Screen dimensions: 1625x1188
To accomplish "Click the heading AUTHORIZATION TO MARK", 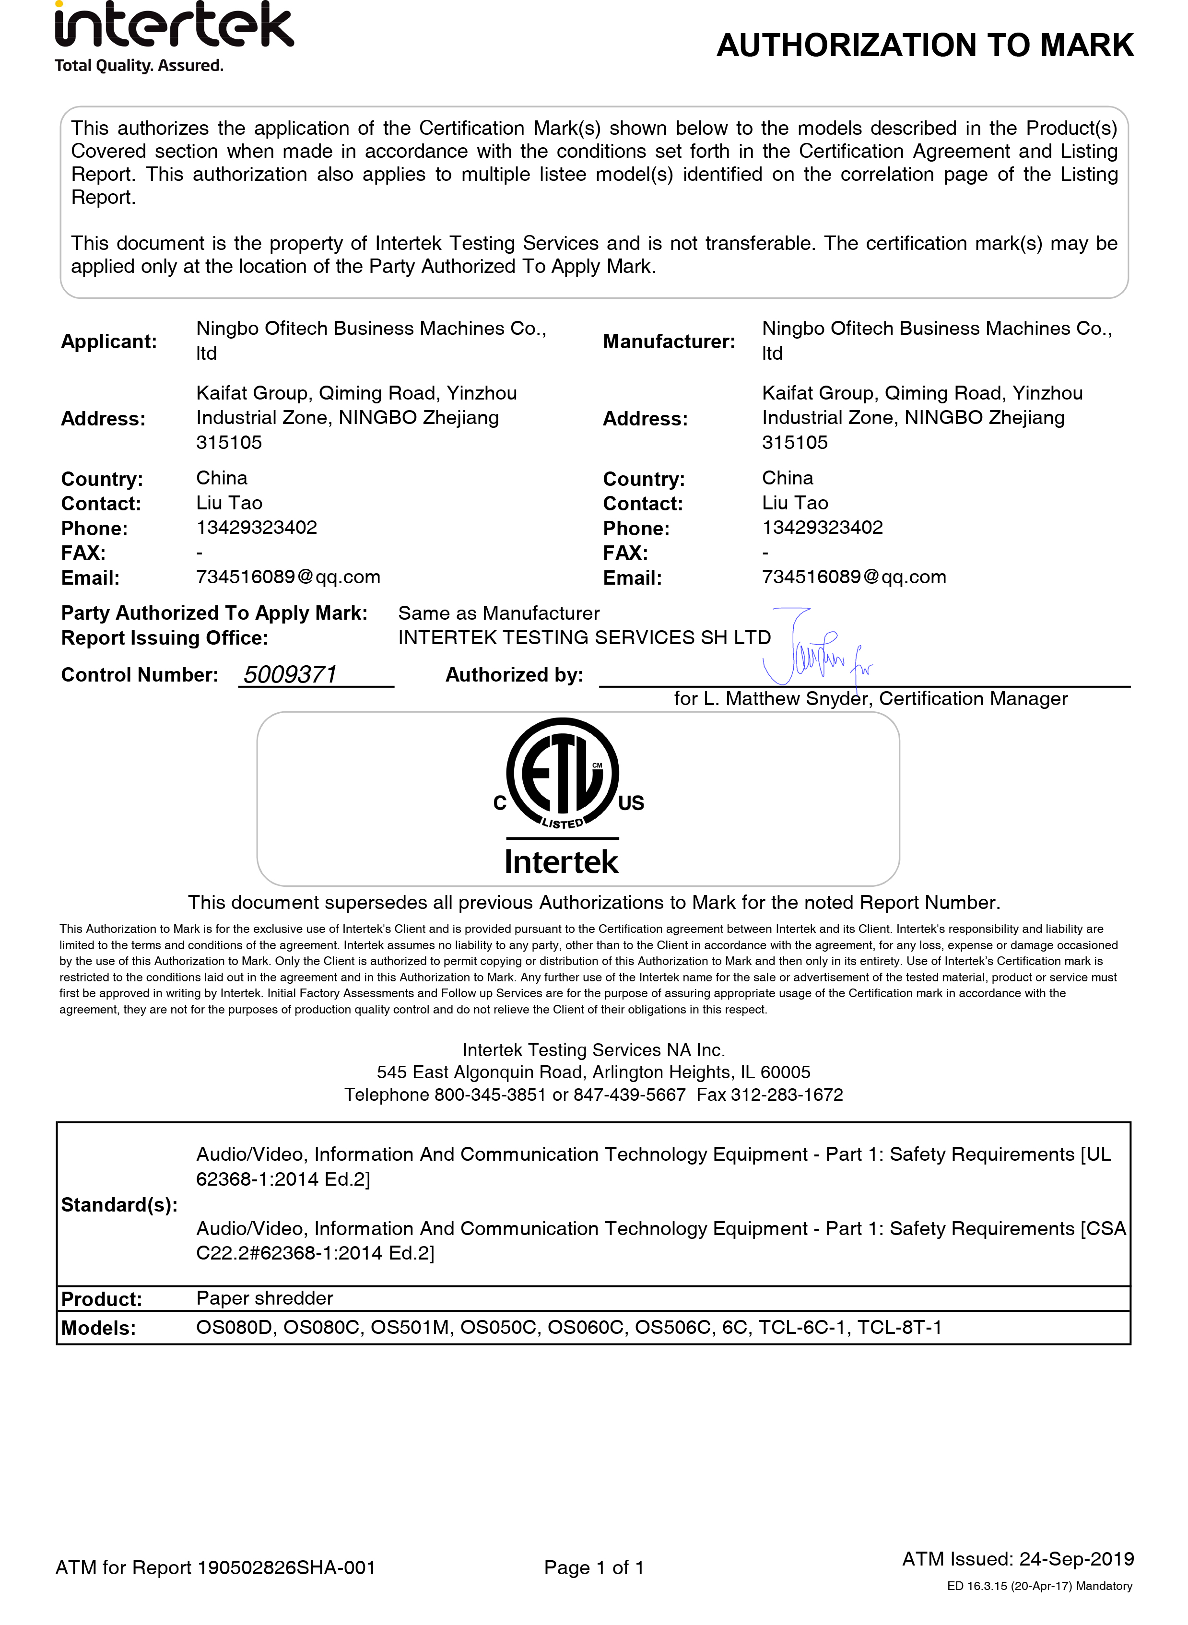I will click(925, 45).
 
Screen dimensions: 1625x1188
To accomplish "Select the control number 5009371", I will click(291, 674).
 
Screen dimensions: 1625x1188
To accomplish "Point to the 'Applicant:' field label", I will click(108, 341).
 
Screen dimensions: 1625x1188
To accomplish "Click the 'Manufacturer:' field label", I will click(669, 341).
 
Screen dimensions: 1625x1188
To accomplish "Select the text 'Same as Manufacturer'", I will click(498, 613).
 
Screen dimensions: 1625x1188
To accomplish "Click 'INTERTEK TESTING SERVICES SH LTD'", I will click(584, 638).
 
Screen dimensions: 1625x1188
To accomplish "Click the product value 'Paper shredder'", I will click(265, 1298).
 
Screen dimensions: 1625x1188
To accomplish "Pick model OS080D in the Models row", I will click(235, 1327).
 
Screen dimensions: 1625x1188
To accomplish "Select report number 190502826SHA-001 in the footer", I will click(286, 1567).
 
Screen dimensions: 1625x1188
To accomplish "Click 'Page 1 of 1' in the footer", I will click(594, 1567).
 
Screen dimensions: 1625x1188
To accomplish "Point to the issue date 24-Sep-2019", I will click(1077, 1559).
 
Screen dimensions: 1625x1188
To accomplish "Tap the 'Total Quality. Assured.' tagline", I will click(139, 65).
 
